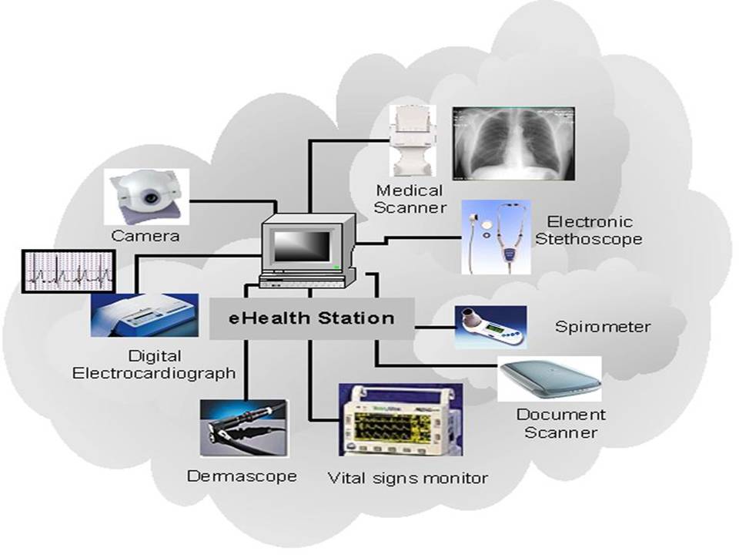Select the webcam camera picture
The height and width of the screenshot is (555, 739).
(x=146, y=196)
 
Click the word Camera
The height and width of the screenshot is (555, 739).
(x=145, y=235)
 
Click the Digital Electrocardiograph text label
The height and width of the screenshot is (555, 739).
(x=154, y=365)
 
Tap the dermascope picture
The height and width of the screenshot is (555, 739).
(x=233, y=427)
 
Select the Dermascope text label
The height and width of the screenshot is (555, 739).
(x=242, y=476)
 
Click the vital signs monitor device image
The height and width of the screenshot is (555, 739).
(x=401, y=423)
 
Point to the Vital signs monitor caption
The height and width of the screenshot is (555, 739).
(x=408, y=478)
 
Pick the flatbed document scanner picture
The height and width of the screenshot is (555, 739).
(x=549, y=378)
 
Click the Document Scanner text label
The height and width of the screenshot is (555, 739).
(x=560, y=423)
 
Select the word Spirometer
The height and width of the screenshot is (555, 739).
(x=603, y=327)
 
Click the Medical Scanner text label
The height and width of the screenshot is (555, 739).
(x=410, y=198)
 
